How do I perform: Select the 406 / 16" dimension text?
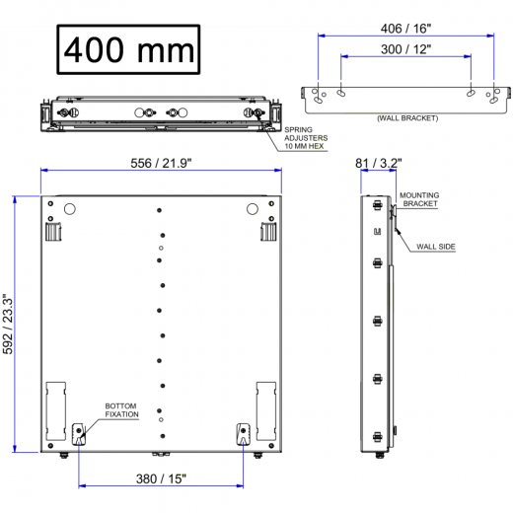[404, 29]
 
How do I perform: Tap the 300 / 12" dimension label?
[404, 49]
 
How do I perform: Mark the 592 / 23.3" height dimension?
[9, 324]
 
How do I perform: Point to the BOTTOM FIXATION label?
[123, 410]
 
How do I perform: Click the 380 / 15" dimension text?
[161, 479]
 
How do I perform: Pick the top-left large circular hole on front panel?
[69, 209]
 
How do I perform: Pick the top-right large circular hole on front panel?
[252, 209]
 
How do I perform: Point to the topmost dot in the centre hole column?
[161, 210]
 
